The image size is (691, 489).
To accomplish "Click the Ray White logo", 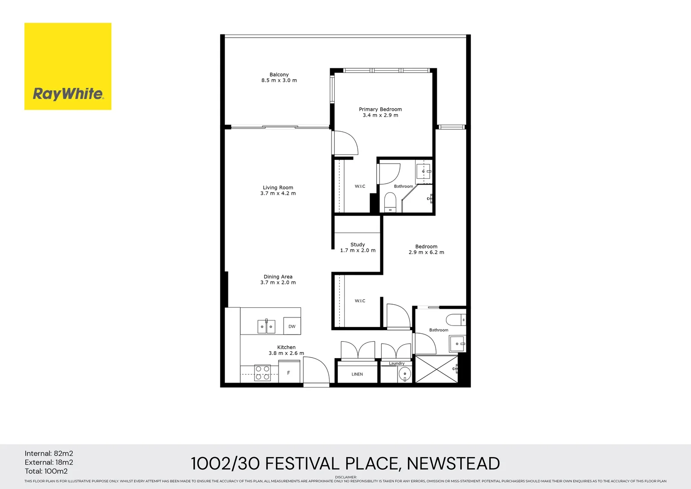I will coord(68,66).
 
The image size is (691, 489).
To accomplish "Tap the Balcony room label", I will coord(279,77).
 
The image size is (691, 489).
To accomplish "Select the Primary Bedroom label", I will coord(380,112).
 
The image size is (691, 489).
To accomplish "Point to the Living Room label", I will coord(278,190).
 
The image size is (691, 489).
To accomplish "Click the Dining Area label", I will coord(278,279).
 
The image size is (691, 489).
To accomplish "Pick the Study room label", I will coord(358,247).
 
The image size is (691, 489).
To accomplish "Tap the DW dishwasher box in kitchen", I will coord(292,326).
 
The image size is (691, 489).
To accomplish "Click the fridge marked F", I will coord(289,373).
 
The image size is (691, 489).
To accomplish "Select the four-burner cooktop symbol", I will coord(262,373).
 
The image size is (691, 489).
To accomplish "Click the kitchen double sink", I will coord(266,326).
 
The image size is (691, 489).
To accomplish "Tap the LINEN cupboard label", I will coord(357,374).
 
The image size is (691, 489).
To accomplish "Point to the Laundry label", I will coord(397,364).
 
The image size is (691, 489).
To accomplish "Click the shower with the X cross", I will coord(436,369).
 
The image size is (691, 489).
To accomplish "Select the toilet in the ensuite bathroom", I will coord(390,202).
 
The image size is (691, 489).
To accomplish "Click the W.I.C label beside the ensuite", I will coord(360,187).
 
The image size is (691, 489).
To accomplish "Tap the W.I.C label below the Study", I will coord(360,301).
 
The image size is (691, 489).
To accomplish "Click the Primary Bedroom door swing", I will coord(345,143).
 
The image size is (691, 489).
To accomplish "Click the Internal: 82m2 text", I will coord(49,454).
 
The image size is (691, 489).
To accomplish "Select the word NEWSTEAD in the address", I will coord(453,464).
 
